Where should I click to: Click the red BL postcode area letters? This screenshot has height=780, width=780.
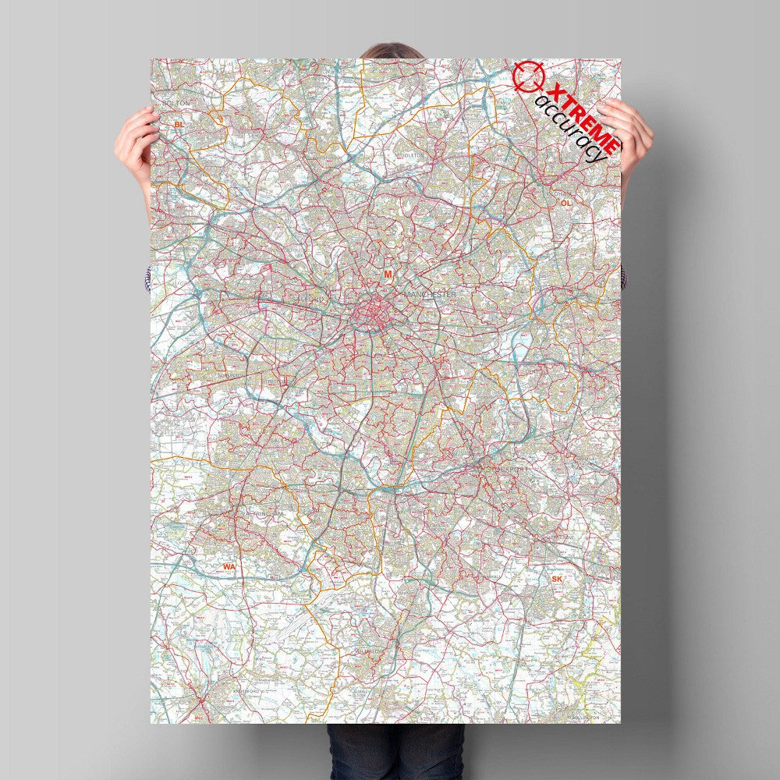pyautogui.click(x=179, y=124)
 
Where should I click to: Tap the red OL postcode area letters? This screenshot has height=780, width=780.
pyautogui.click(x=565, y=203)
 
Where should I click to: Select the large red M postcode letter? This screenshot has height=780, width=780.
pyautogui.click(x=387, y=274)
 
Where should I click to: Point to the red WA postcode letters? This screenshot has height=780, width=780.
pyautogui.click(x=229, y=566)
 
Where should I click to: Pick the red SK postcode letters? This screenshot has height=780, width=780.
pyautogui.click(x=556, y=579)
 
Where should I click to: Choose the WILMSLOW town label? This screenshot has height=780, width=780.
pyautogui.click(x=373, y=651)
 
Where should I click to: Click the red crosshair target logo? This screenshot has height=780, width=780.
pyautogui.click(x=526, y=76)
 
